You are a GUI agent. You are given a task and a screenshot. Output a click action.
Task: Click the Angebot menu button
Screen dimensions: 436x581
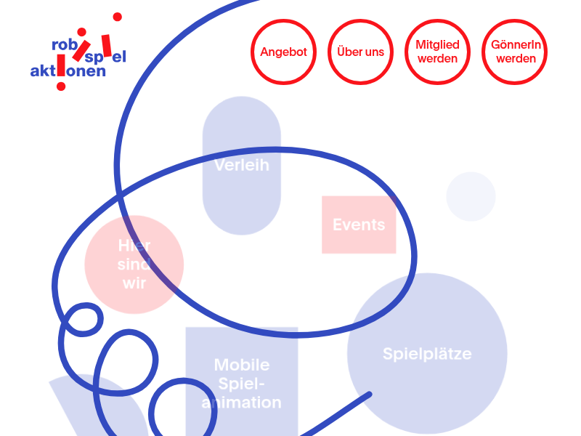(x=284, y=52)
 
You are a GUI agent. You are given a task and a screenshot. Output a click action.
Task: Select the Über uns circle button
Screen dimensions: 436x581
(x=361, y=52)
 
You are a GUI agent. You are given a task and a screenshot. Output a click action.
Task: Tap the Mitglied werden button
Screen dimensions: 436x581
(x=438, y=52)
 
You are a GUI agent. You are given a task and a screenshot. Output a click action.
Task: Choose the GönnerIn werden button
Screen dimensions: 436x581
(x=516, y=52)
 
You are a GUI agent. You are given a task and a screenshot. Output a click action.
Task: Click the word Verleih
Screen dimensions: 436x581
(x=242, y=165)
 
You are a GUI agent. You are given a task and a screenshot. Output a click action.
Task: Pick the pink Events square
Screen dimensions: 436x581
(x=359, y=225)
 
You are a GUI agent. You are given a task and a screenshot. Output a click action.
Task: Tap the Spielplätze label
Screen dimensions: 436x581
(x=427, y=354)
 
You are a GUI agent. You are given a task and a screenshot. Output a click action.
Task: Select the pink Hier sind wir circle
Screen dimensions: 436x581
(x=134, y=265)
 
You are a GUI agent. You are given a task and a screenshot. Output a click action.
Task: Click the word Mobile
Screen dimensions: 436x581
(x=242, y=365)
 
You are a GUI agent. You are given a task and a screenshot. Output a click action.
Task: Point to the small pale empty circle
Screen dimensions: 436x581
(x=471, y=196)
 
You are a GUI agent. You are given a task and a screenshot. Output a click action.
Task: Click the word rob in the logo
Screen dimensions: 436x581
(x=65, y=44)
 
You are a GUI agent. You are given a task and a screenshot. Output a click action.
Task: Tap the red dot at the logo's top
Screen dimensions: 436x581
(x=118, y=17)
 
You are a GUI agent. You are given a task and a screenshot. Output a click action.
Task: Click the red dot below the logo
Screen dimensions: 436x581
(x=61, y=86)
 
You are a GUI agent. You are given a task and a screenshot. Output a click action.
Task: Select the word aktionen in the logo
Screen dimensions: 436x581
(x=68, y=71)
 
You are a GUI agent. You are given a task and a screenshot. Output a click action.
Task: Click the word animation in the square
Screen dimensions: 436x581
(x=242, y=403)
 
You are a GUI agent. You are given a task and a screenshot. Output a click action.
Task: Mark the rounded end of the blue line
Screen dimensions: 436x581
(x=368, y=395)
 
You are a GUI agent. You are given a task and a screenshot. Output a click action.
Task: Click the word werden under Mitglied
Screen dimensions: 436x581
(x=438, y=59)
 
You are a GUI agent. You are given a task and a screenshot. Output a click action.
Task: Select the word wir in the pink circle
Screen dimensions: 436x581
(x=134, y=283)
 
